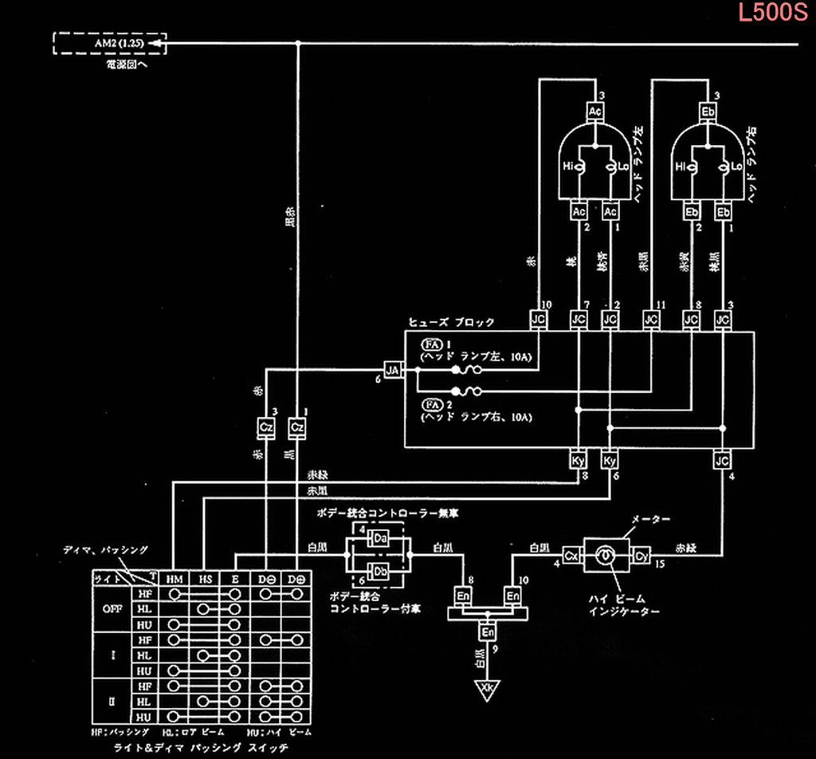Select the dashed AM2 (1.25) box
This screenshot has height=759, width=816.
[x=109, y=43]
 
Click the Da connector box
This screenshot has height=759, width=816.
[x=380, y=541]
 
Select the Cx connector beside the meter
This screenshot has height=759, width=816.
[x=571, y=555]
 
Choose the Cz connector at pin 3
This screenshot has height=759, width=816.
[x=266, y=427]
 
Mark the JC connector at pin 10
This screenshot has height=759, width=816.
[x=538, y=320]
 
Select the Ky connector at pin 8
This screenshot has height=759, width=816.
[x=578, y=461]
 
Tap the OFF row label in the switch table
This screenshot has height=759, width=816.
[x=112, y=609]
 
